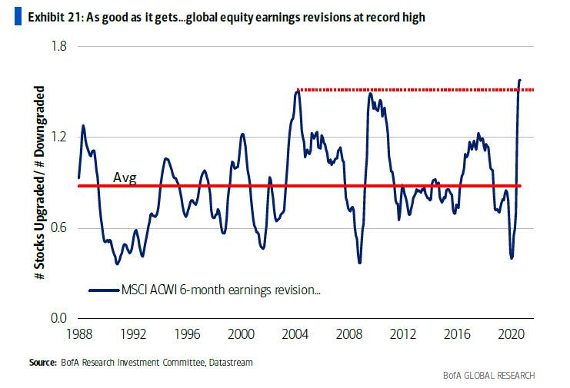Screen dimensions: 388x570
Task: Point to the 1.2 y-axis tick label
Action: click(x=59, y=137)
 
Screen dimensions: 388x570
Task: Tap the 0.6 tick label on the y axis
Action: click(x=59, y=227)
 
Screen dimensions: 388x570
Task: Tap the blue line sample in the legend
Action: click(x=104, y=290)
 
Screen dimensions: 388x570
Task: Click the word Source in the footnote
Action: click(x=42, y=360)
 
